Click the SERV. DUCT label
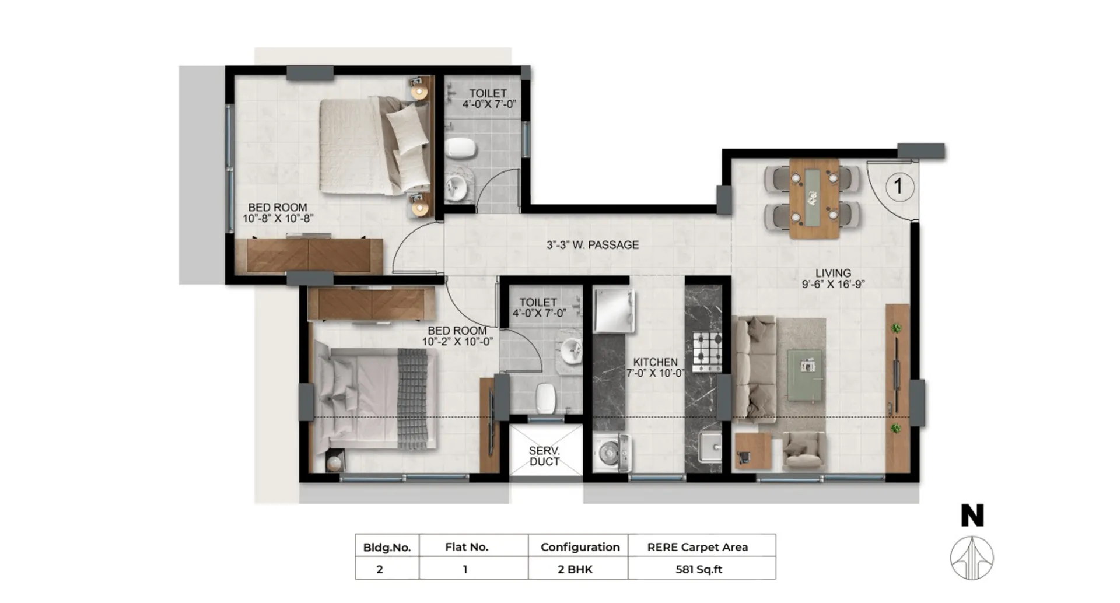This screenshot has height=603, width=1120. pyautogui.click(x=544, y=456)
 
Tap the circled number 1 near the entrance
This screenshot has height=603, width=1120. pyautogui.click(x=899, y=187)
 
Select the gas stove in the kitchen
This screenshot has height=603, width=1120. pyautogui.click(x=707, y=352)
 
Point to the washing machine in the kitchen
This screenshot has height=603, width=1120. pyautogui.click(x=612, y=453)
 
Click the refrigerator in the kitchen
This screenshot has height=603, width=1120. pyautogui.click(x=614, y=310)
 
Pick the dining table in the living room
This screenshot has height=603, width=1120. pyautogui.click(x=814, y=198)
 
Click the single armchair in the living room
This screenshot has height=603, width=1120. pyautogui.click(x=803, y=451)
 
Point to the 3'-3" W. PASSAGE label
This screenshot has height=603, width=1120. pyautogui.click(x=593, y=245)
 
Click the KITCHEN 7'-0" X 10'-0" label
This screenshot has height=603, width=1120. pyautogui.click(x=655, y=367)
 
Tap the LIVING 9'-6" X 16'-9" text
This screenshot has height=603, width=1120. pyautogui.click(x=833, y=278)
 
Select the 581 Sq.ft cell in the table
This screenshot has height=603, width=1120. pyautogui.click(x=699, y=569)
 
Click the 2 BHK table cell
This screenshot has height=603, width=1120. pyautogui.click(x=575, y=569)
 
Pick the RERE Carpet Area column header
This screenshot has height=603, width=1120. pyautogui.click(x=698, y=547)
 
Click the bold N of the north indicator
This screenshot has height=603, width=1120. pyautogui.click(x=972, y=516)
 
